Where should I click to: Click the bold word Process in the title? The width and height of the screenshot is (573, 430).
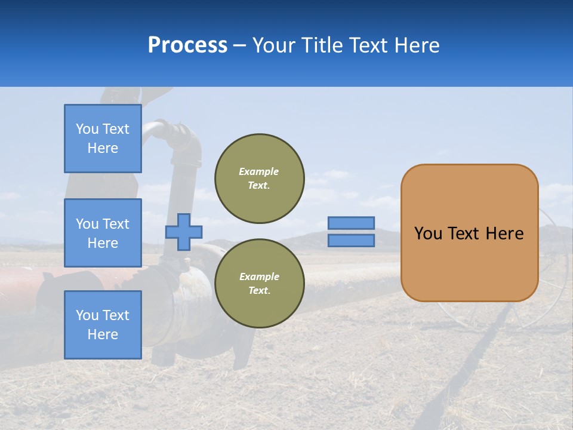pyautogui.click(x=187, y=45)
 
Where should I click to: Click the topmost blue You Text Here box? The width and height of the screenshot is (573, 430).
pyautogui.click(x=103, y=139)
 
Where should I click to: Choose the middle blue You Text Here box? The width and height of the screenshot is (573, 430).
pyautogui.click(x=103, y=233)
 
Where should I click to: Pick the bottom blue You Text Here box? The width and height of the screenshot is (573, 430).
pyautogui.click(x=103, y=325)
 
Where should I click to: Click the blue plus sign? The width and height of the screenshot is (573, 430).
pyautogui.click(x=184, y=232)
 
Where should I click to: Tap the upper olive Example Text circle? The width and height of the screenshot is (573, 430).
pyautogui.click(x=260, y=179)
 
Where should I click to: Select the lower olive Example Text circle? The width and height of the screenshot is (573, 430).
pyautogui.click(x=260, y=284)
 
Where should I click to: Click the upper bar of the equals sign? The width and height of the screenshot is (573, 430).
pyautogui.click(x=352, y=223)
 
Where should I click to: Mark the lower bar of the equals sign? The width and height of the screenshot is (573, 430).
pyautogui.click(x=352, y=241)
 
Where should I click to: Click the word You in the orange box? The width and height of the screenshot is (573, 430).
pyautogui.click(x=428, y=234)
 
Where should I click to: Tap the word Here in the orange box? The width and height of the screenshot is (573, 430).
pyautogui.click(x=504, y=234)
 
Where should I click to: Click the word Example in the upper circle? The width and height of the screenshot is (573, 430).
pyautogui.click(x=259, y=171)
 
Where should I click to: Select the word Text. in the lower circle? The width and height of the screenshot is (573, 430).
pyautogui.click(x=259, y=291)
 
